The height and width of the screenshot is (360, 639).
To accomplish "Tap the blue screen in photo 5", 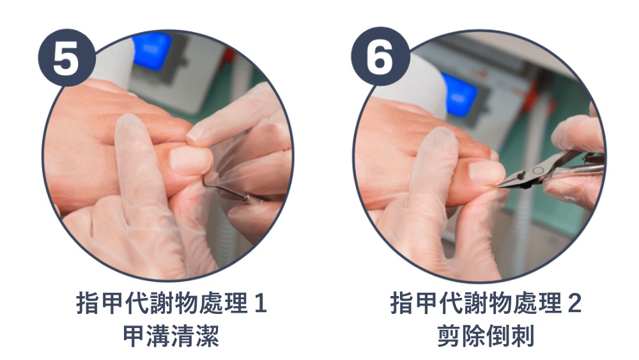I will [x=151, y=50].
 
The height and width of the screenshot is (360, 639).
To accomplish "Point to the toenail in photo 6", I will [x=486, y=170].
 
